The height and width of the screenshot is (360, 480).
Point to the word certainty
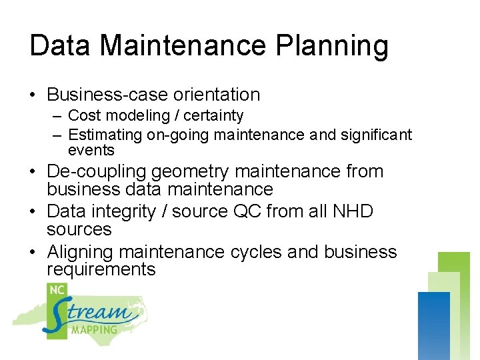[213, 116]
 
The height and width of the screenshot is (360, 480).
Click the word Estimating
[105, 135]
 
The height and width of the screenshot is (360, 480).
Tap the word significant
[376, 135]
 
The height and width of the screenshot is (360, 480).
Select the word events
[91, 150]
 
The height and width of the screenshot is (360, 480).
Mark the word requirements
[101, 269]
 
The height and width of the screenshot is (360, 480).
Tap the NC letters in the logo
[57, 291]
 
